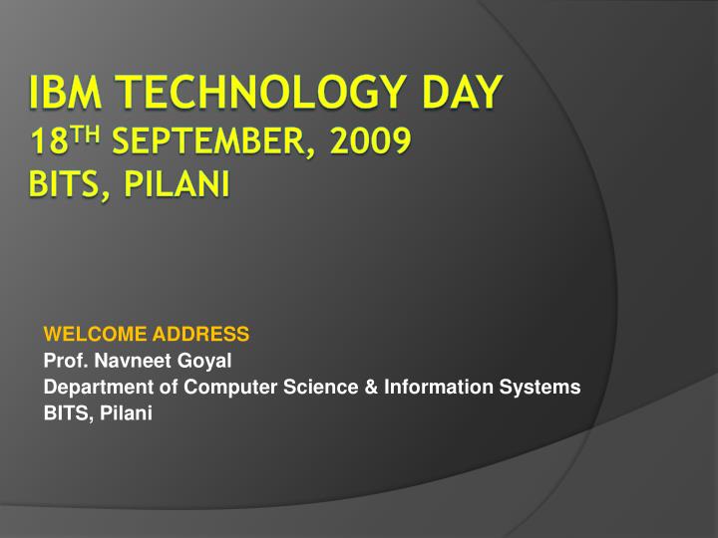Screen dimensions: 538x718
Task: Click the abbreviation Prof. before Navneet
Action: (x=65, y=361)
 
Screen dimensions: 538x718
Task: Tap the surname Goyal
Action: (x=205, y=361)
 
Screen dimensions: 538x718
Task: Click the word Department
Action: (x=92, y=388)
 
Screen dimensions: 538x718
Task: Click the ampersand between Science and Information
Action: (x=358, y=388)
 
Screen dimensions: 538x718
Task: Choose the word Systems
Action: (x=542, y=388)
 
